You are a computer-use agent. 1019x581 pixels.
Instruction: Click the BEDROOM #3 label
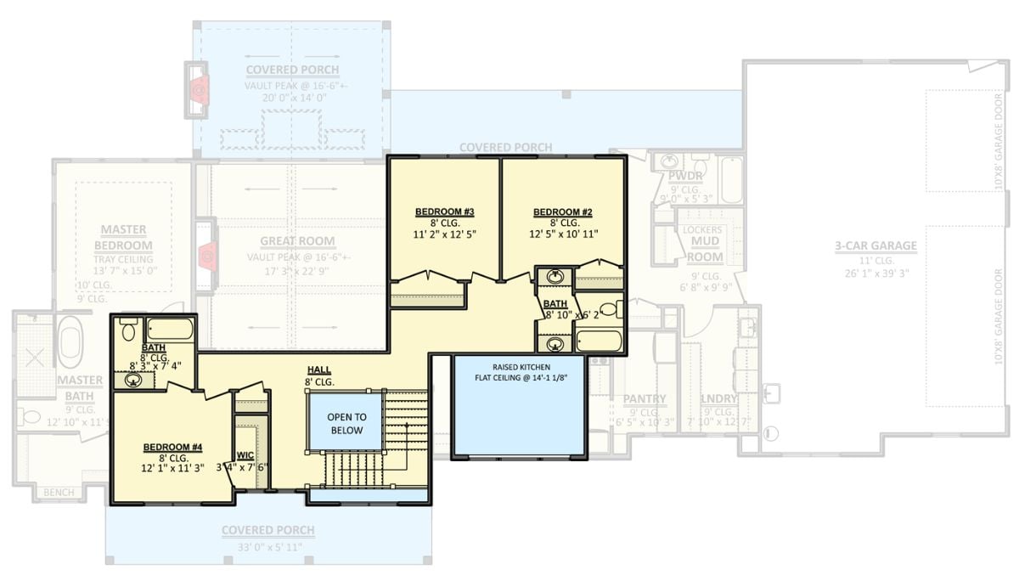tap(444, 212)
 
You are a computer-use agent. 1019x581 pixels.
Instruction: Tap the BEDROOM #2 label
tap(562, 212)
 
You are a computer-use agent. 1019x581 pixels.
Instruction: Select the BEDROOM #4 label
tap(172, 447)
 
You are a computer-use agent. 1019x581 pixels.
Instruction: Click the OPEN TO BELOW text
tap(346, 423)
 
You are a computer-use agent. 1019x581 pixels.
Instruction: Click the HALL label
tap(319, 370)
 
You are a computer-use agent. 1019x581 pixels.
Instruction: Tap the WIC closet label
tap(245, 455)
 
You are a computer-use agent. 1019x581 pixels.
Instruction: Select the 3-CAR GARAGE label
tap(875, 246)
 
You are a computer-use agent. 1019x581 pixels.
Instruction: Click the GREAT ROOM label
tap(297, 241)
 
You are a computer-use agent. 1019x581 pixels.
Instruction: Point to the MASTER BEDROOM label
tap(123, 237)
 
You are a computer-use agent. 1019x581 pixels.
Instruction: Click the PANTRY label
tap(645, 399)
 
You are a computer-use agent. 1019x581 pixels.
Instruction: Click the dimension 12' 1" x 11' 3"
tap(172, 468)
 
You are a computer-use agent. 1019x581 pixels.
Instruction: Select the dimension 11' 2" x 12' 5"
tap(444, 234)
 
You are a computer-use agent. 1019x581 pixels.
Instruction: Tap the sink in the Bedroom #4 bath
tap(133, 379)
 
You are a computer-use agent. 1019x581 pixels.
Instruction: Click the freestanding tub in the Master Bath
tap(70, 339)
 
